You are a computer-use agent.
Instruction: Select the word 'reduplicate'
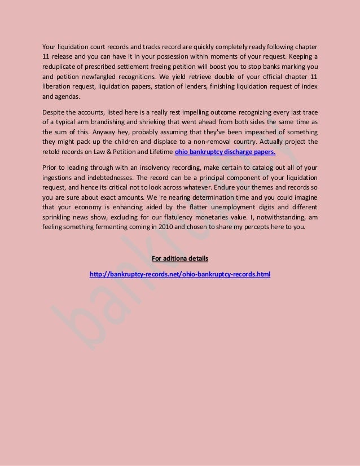coord(62,67)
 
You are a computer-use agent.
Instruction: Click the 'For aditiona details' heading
coord(180,259)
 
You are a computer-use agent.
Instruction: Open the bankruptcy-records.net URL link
coord(180,275)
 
